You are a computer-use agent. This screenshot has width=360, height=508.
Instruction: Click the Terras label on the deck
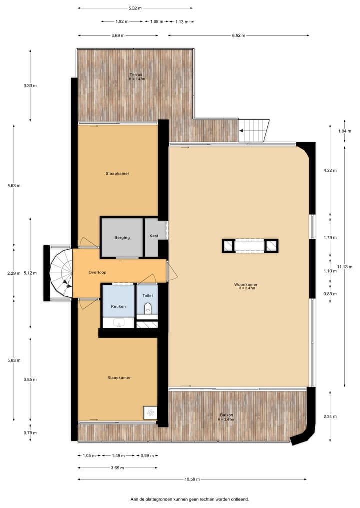click(x=130, y=74)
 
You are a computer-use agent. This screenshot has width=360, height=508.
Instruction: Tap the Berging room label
click(x=122, y=237)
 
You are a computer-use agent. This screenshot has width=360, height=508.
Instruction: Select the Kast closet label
click(x=154, y=236)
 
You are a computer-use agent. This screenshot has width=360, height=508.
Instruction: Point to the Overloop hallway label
click(x=98, y=273)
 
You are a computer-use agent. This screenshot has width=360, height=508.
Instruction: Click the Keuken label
click(x=118, y=306)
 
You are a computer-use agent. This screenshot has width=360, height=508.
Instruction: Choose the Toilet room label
click(x=147, y=295)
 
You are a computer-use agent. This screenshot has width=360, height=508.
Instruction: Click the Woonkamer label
click(x=246, y=285)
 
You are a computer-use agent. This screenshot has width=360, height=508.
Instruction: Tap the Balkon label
click(x=226, y=415)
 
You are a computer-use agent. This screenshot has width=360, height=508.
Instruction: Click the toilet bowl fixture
click(x=147, y=312)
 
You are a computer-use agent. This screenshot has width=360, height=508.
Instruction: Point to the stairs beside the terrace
click(x=254, y=131)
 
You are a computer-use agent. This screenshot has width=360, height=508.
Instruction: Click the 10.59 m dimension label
click(x=192, y=479)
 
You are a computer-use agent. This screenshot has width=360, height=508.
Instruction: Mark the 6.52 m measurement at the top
click(x=239, y=35)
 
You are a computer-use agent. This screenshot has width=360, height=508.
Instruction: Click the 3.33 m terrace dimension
click(x=30, y=85)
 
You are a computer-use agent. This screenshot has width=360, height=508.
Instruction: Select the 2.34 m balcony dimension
click(x=330, y=417)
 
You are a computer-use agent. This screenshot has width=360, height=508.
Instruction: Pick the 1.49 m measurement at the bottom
click(x=118, y=455)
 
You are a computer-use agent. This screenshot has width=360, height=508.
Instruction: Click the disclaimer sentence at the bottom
click(x=189, y=499)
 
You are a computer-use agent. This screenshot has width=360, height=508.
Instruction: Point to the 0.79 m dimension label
click(x=30, y=433)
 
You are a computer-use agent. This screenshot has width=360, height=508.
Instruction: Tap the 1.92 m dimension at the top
click(x=122, y=22)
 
